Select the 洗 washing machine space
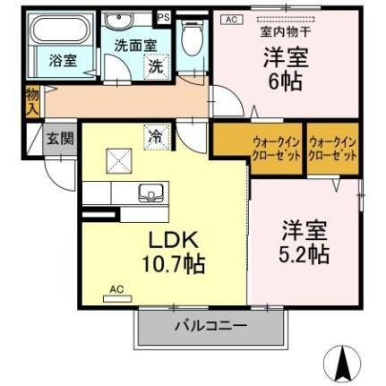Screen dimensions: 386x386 tap(155, 66)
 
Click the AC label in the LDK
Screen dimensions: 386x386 tap(116, 289)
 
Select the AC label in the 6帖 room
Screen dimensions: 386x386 tap(229, 18)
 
